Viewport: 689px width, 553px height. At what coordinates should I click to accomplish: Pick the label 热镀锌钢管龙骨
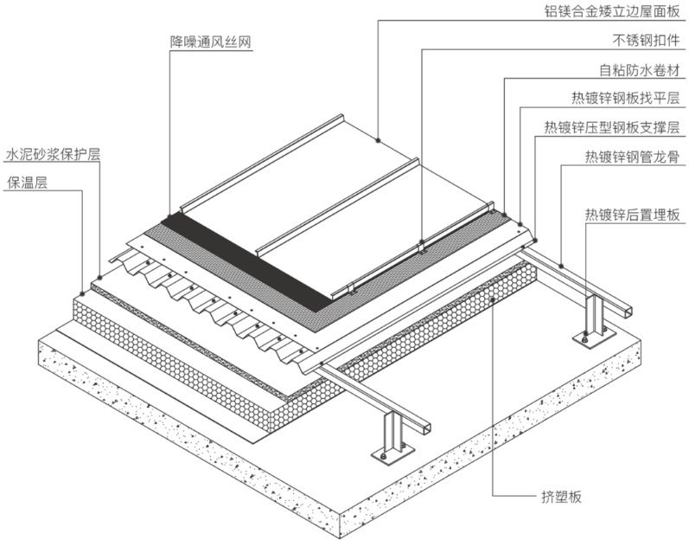632,157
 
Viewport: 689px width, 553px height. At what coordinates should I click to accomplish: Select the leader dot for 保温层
82,291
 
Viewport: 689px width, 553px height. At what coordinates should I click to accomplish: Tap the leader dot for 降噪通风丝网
169,209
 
